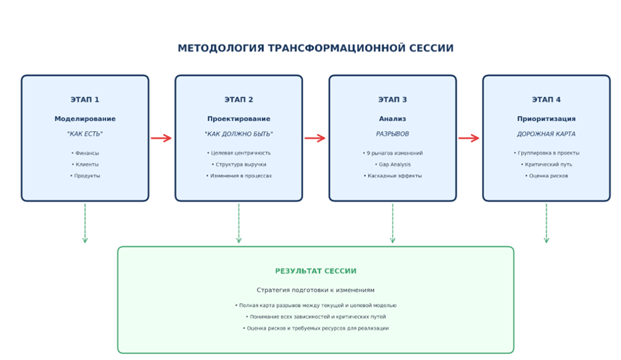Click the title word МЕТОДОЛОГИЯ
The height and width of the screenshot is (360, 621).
pos(221,49)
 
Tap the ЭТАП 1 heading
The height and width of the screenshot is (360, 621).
pos(85,100)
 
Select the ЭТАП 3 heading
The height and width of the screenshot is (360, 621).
pos(393,100)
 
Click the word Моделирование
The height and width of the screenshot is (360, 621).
pos(85,119)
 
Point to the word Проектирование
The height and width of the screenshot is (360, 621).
pos(238,119)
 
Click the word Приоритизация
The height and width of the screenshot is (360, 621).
pos(546,119)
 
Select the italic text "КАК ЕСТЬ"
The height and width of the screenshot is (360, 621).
pos(85,134)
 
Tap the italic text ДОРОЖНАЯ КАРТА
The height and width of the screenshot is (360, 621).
pos(546,134)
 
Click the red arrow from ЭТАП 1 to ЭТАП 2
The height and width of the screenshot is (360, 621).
pos(162,138)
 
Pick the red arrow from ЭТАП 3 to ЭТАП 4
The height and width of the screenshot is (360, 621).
pos(469,138)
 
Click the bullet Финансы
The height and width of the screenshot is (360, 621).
pos(86,154)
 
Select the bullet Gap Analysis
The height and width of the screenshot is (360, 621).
pos(393,164)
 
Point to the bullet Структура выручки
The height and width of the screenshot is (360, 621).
pos(239,164)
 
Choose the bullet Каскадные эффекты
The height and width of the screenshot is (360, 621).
pos(393,176)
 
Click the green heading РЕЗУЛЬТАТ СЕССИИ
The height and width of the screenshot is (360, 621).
pos(315,271)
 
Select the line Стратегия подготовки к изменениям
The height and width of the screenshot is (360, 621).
pos(315,290)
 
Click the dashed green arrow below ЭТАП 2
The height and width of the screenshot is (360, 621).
pos(238,223)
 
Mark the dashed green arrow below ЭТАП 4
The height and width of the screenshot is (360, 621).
pos(546,223)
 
